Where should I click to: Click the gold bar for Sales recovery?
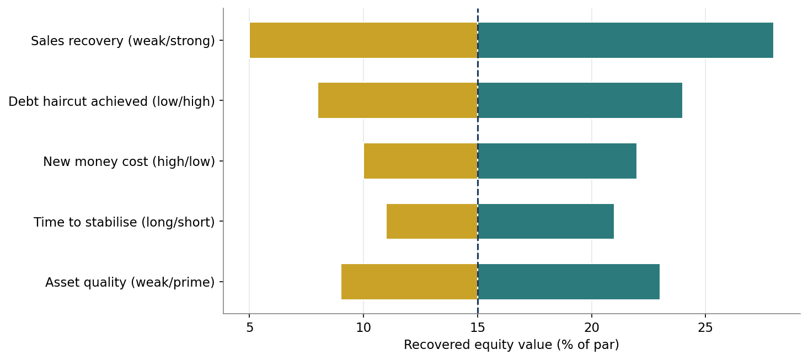pos(363,40)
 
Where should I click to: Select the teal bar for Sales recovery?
pos(625,40)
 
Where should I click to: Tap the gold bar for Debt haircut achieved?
pos(398,100)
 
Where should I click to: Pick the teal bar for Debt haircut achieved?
pos(580,100)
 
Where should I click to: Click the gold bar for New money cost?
pos(421,161)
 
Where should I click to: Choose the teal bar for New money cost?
pos(557,161)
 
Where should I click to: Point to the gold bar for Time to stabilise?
pos(432,222)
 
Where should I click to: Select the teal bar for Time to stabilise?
pos(546,222)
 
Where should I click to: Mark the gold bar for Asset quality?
pos(409,282)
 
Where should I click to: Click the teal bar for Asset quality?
pos(569,282)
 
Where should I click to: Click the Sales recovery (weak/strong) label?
pos(123,41)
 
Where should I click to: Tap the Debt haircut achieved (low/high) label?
pos(112,101)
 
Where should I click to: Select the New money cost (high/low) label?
pos(129,162)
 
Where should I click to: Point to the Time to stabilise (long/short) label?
pos(125,222)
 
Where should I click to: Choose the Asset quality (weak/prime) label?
pos(130,282)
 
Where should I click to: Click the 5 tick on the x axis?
pos(250,327)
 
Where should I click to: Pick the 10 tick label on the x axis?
pos(363,327)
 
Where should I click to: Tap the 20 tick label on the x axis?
pos(592,327)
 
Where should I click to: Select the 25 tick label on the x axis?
pos(705,327)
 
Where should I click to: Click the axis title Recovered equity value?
pos(511,345)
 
